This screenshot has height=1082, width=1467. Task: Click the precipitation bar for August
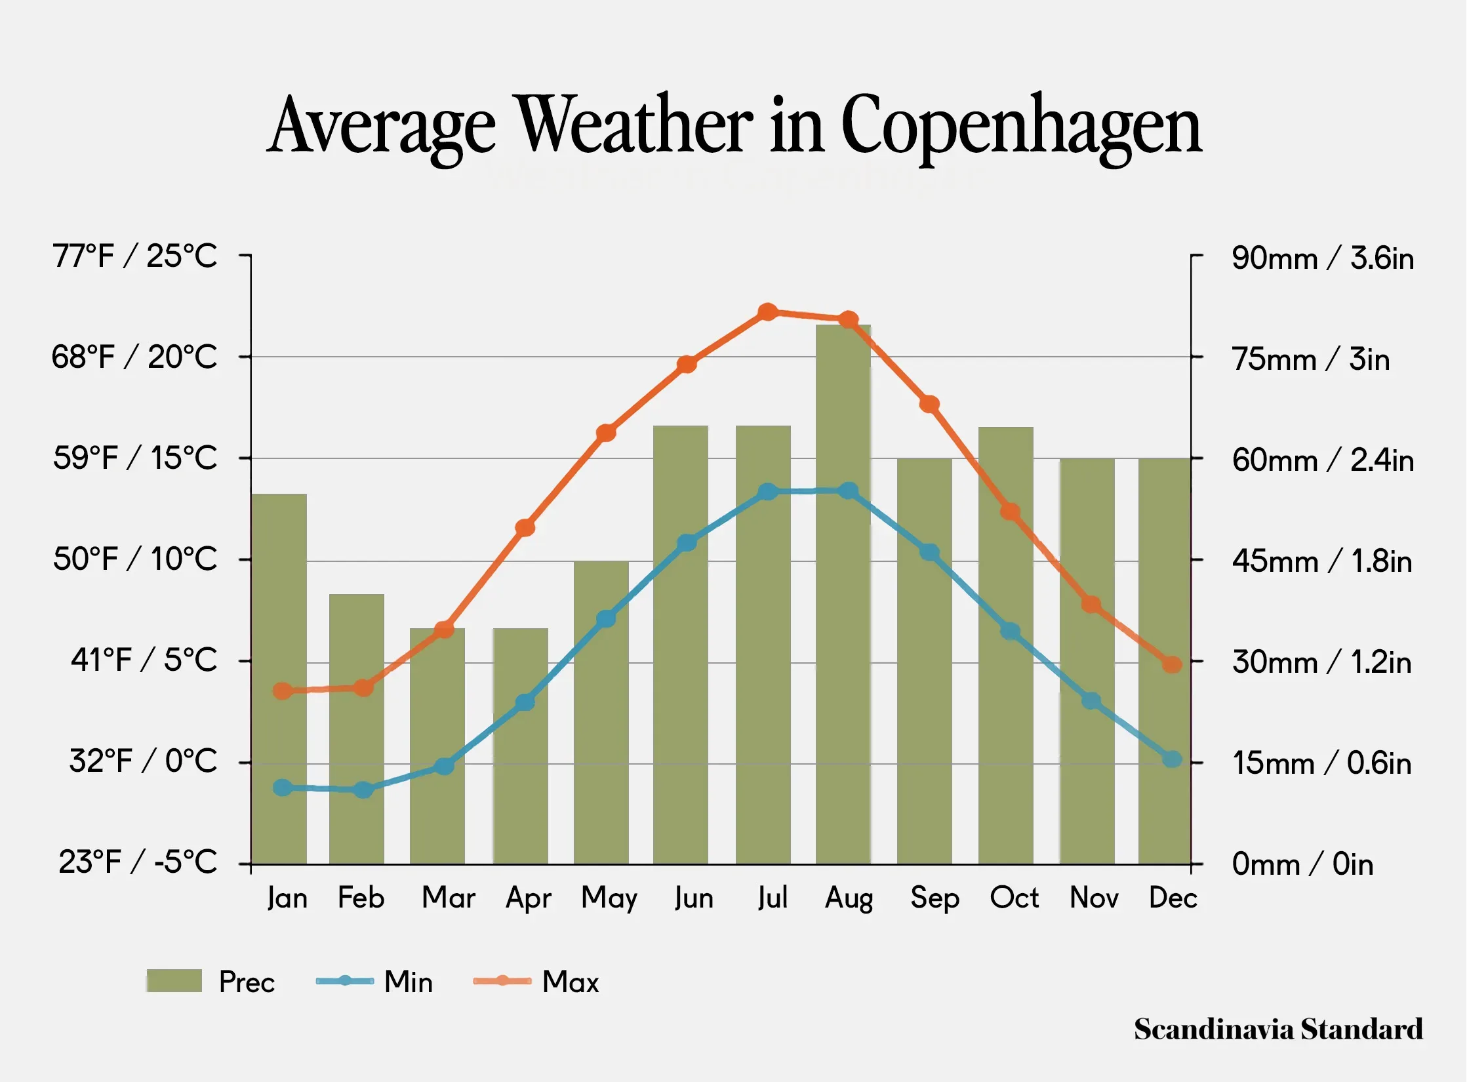[843, 656]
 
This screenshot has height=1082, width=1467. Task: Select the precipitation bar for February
[356, 754]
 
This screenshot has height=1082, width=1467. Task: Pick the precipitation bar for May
[601, 741]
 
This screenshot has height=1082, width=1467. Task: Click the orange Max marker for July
[767, 312]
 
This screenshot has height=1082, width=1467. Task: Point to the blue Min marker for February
[363, 790]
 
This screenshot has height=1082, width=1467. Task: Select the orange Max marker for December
[1172, 664]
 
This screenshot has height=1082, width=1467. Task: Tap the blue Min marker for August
[849, 491]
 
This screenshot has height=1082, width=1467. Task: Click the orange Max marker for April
[525, 528]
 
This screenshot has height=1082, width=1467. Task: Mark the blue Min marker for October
[1010, 631]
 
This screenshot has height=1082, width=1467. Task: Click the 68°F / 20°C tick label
[134, 357]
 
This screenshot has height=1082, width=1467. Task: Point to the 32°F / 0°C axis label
[143, 761]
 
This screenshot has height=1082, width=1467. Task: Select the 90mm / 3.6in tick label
[1322, 258]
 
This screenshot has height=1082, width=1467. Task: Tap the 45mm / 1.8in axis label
[1321, 561]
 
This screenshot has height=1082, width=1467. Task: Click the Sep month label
[934, 898]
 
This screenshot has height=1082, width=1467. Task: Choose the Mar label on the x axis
[449, 898]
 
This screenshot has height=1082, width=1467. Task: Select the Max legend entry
[536, 982]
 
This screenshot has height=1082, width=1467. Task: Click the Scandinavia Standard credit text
[1278, 1029]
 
